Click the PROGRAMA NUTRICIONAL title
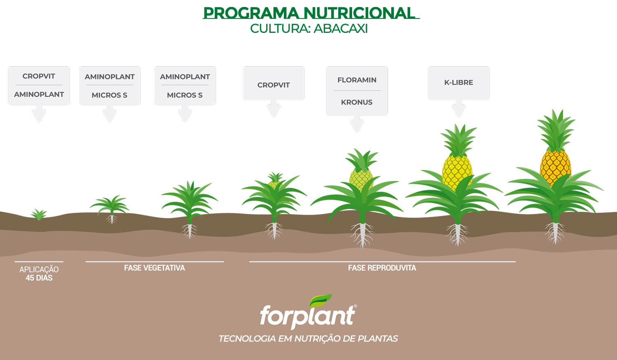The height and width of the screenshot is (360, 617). point(309,13)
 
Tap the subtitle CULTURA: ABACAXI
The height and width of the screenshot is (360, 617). point(309,29)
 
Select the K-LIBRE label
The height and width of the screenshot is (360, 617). point(459,82)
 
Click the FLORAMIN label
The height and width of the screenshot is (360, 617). point(357,80)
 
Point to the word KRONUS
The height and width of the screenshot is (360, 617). point(357,102)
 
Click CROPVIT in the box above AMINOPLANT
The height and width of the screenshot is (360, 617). point(39,76)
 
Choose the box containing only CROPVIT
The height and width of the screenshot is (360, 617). point(274,83)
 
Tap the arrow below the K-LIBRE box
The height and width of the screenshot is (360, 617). point(459,108)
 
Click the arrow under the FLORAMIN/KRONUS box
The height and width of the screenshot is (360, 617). point(357,124)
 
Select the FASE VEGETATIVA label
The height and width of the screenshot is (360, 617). point(155,268)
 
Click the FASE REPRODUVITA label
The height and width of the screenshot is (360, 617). point(382,268)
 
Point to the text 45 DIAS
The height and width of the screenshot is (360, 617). point(39,278)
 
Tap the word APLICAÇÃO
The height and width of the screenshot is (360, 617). point(39,269)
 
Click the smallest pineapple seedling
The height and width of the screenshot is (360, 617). point(39,215)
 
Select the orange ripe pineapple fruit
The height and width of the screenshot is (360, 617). point(555,167)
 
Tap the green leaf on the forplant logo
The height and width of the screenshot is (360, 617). point(320,300)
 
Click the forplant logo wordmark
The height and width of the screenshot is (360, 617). point(307,316)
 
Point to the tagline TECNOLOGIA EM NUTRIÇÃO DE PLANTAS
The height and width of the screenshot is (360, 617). point(308,339)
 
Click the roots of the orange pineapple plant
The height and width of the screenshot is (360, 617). point(555,233)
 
